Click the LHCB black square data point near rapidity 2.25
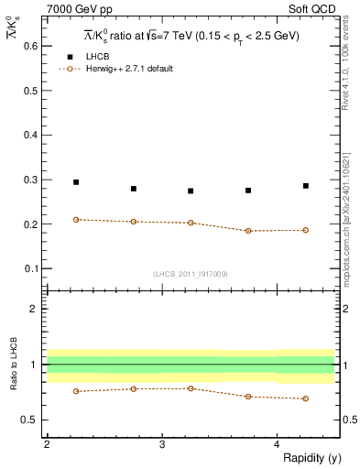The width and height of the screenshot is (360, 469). pyautogui.click(x=76, y=182)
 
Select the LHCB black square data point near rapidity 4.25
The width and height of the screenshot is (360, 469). pyautogui.click(x=306, y=186)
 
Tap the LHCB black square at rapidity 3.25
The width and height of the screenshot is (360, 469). pyautogui.click(x=191, y=191)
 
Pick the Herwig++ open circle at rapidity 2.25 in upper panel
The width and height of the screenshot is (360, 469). pyautogui.click(x=76, y=220)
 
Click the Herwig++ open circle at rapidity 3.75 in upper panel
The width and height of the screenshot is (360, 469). pyautogui.click(x=248, y=231)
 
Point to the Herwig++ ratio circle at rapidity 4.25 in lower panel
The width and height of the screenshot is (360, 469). pyautogui.click(x=306, y=398)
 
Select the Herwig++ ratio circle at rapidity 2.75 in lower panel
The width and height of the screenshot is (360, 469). pyautogui.click(x=134, y=388)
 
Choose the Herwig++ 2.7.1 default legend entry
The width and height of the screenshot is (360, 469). pyautogui.click(x=119, y=69)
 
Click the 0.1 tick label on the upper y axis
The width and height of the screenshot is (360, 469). pyautogui.click(x=30, y=268)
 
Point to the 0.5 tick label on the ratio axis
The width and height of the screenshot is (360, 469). pyautogui.click(x=30, y=420)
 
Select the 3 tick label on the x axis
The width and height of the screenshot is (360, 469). pyautogui.click(x=162, y=444)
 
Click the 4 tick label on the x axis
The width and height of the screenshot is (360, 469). pyautogui.click(x=277, y=444)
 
